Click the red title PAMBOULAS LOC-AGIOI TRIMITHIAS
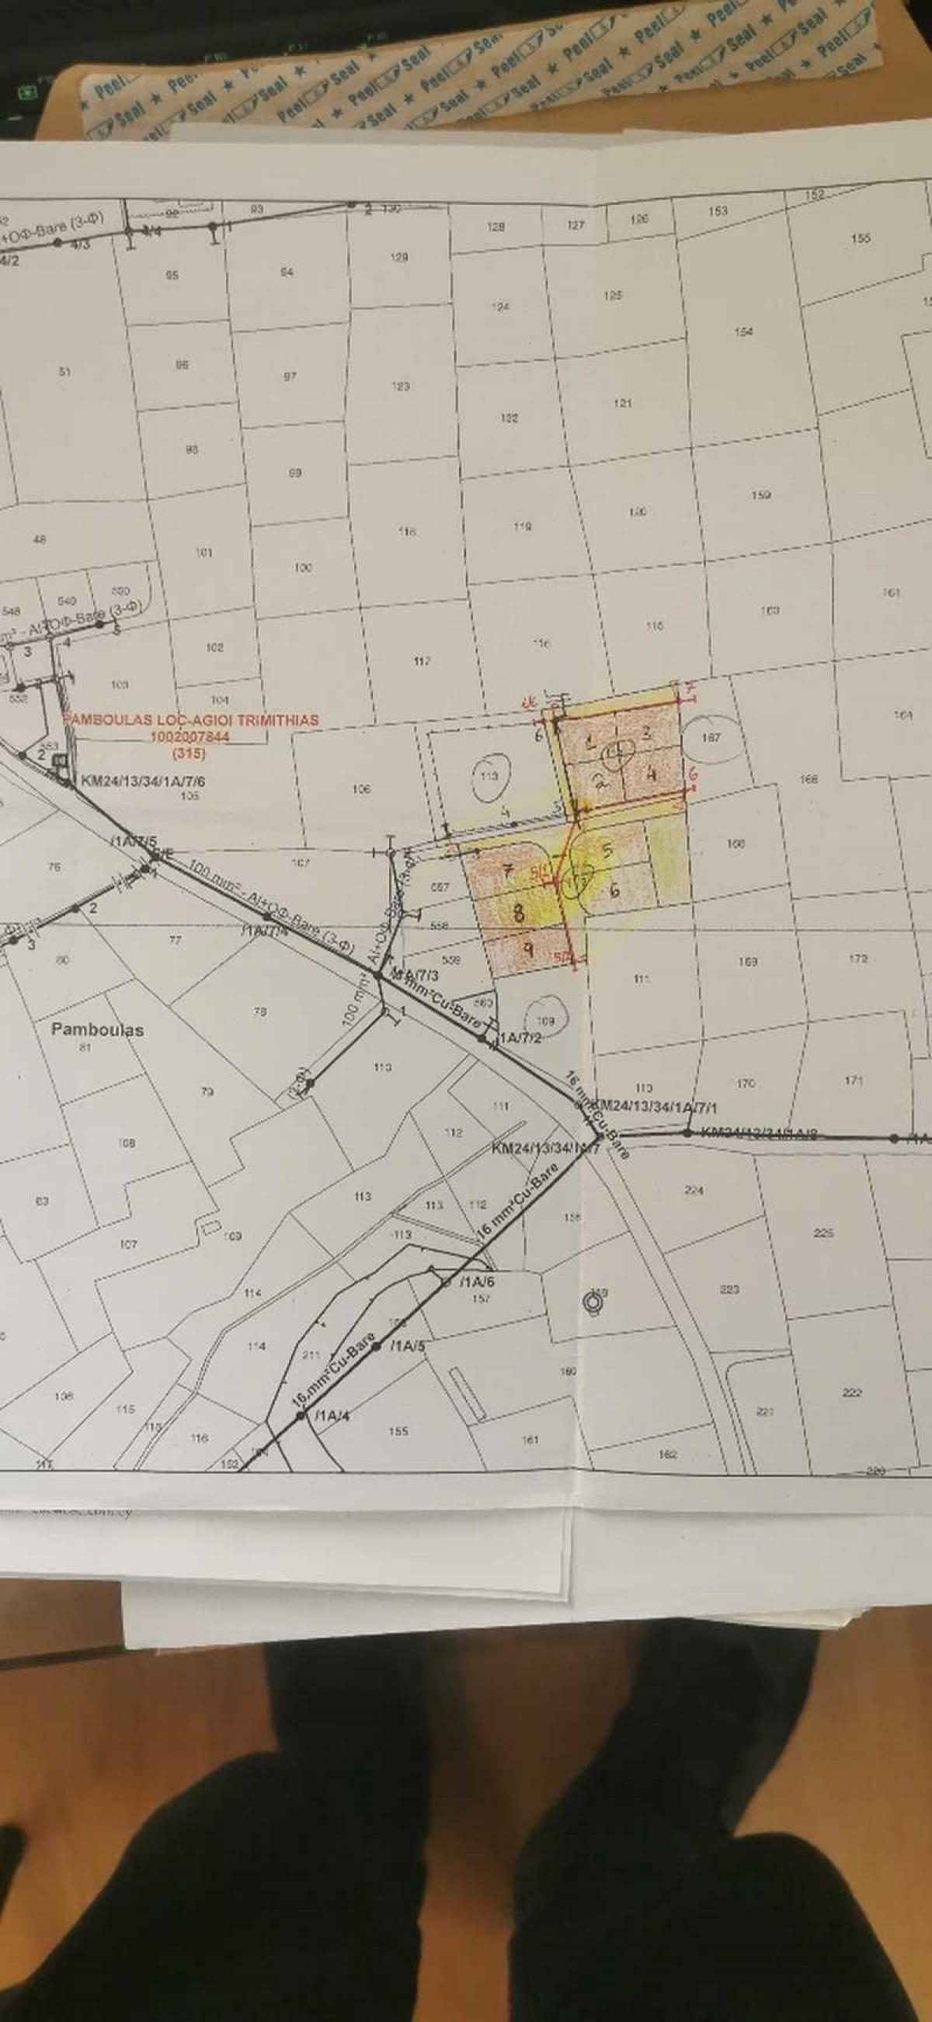pos(191,719)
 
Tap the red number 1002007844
pos(190,737)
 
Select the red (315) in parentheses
pos(189,754)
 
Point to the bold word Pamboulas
pos(97,1029)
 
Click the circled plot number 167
pos(711,737)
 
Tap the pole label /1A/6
pos(478,1282)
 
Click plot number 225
pos(822,1233)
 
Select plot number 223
pos(729,1288)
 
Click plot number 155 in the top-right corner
pos(861,238)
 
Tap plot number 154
pos(742,331)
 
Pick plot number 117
pos(422,661)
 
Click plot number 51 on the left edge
pos(65,371)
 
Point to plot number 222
pos(852,1393)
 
